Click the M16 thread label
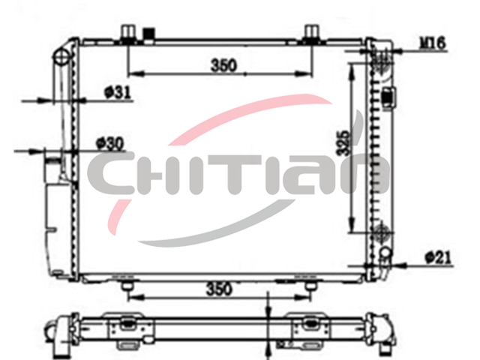(432, 43)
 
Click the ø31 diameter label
(118, 91)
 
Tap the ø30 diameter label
(110, 143)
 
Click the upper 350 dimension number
(224, 65)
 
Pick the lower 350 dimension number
(219, 289)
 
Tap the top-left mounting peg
(128, 33)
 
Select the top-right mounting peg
(312, 33)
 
